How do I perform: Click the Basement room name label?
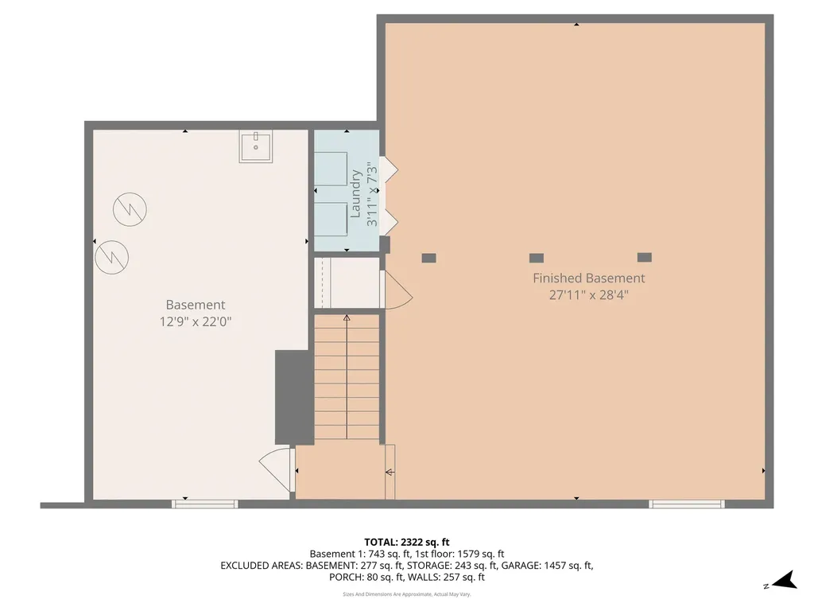pos(195,305)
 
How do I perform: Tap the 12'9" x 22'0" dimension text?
pos(195,321)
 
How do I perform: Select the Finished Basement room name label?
pos(588,278)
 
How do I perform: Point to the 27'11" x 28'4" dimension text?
pos(588,294)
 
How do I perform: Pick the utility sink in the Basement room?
pos(256,147)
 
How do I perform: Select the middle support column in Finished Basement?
pos(537,258)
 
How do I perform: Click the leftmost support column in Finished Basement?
pos(428,258)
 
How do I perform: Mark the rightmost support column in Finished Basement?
pos(645,258)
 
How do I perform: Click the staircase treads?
pos(347,378)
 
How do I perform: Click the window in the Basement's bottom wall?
pos(205,504)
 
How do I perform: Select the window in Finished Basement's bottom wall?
pos(687,504)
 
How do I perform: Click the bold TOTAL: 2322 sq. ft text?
pos(406,542)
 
